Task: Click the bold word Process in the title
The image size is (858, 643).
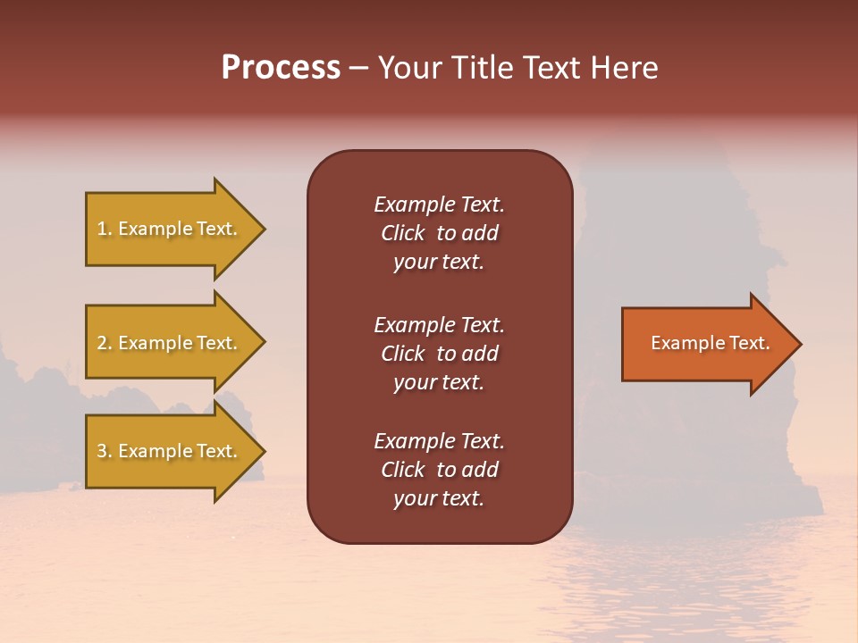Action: pyautogui.click(x=281, y=68)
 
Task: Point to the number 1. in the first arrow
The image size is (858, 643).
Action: pyautogui.click(x=105, y=230)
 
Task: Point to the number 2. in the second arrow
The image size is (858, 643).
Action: pyautogui.click(x=105, y=343)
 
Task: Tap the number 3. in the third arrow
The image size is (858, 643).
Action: pyautogui.click(x=105, y=451)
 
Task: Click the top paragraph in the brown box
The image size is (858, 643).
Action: pyautogui.click(x=439, y=233)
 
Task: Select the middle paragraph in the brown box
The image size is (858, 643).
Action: pyautogui.click(x=439, y=354)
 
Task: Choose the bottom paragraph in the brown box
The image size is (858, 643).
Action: pyautogui.click(x=439, y=470)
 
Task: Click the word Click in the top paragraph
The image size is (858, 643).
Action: pyautogui.click(x=402, y=233)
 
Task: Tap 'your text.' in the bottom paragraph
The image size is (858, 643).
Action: pyautogui.click(x=439, y=498)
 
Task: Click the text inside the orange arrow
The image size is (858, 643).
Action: pyautogui.click(x=711, y=343)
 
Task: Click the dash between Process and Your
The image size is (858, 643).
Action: pyautogui.click(x=359, y=69)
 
